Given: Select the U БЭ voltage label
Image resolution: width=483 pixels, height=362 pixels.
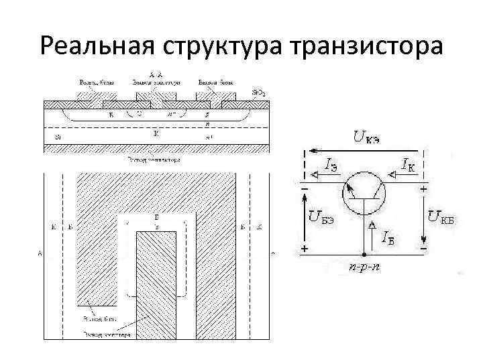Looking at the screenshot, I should point(321,216).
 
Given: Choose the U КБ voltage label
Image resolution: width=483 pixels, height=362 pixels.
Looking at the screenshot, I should point(443,216).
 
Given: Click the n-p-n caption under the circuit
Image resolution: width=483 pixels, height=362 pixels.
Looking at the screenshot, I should point(363,266).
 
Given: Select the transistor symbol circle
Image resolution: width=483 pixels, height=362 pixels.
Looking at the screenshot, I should point(363,195).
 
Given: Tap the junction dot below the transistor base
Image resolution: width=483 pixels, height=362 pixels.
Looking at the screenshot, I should point(363,254).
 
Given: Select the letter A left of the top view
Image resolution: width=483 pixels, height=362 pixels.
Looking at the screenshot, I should point(41,253).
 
